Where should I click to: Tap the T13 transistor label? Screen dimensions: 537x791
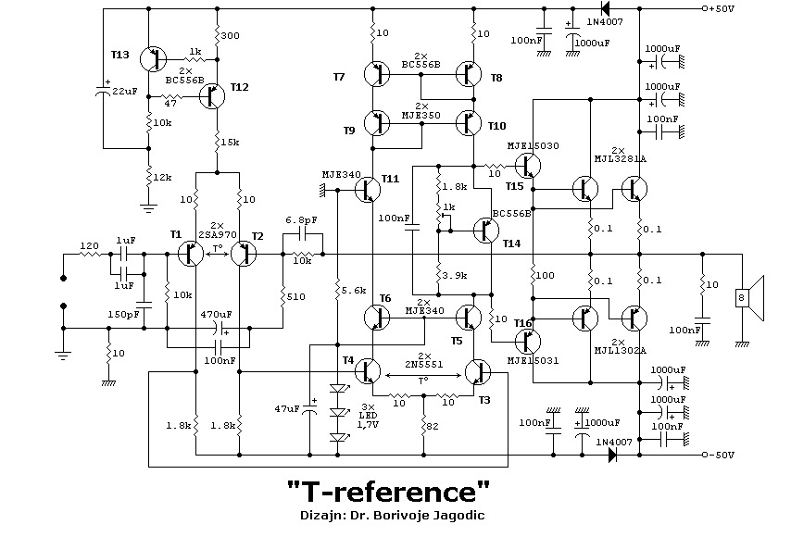[119, 56]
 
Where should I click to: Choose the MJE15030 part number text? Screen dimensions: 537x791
[532, 145]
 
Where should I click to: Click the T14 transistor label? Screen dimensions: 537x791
[512, 244]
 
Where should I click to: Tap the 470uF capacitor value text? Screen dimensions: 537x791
[216, 314]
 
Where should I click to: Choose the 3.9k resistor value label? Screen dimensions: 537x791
[454, 276]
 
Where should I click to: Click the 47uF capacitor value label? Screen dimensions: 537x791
[287, 407]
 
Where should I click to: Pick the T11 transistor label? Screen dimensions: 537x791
[390, 178]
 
